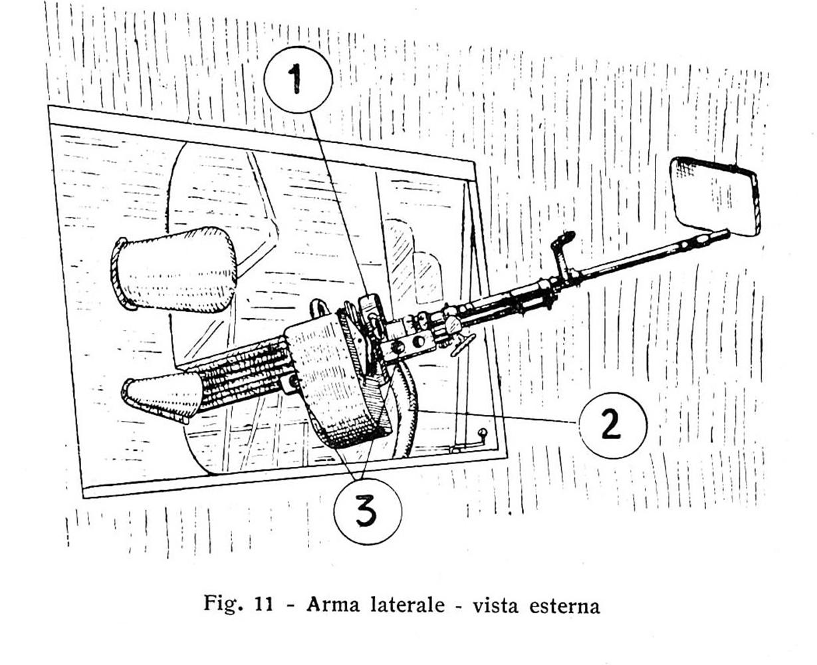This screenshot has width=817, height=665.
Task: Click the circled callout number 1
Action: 298,80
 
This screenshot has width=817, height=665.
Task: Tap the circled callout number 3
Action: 368,511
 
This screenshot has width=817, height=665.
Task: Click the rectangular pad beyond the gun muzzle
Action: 715,196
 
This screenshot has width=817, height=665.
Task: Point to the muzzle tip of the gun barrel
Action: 727,232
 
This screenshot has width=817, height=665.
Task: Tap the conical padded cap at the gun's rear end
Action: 161,400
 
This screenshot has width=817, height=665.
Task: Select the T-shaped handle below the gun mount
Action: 461,344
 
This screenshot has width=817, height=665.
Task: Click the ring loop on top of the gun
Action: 320,309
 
